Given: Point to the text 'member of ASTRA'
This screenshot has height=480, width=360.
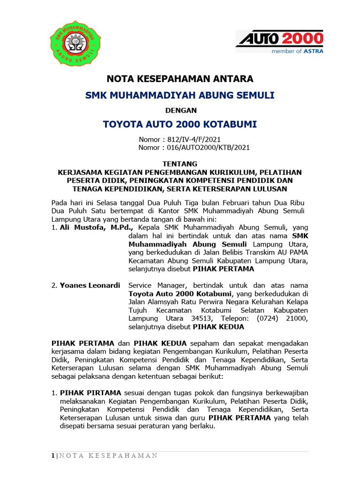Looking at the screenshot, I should click(x=297, y=52).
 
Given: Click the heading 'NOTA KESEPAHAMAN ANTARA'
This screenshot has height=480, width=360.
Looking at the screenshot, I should click(x=180, y=78).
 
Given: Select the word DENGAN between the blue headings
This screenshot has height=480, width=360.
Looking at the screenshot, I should click(x=180, y=110).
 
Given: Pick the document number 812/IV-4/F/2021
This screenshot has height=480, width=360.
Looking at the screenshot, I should click(x=190, y=139).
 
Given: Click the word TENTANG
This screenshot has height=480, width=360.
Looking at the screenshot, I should click(x=180, y=164).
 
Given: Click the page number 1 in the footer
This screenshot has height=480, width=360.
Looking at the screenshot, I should click(x=53, y=456).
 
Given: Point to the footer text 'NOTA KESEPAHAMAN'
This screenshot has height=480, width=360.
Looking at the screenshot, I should click(x=108, y=456).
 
